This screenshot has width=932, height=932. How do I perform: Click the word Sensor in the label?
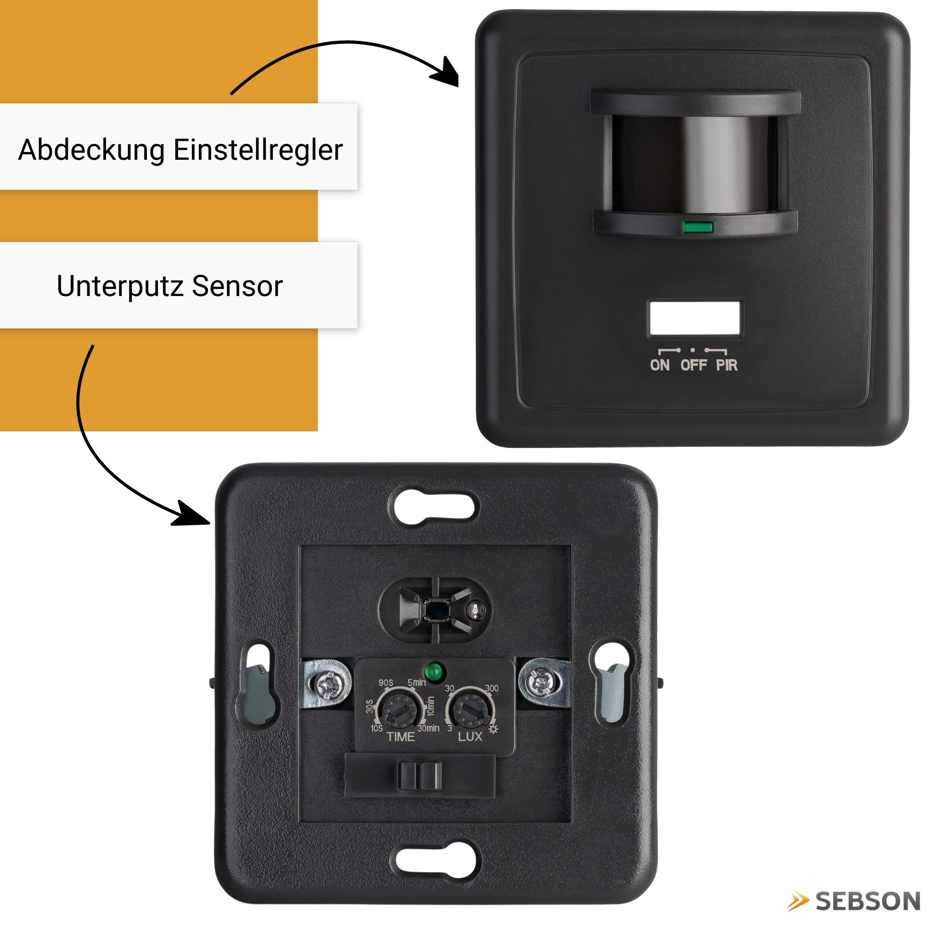click(x=237, y=286)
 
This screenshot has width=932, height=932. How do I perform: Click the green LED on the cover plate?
click(x=698, y=227)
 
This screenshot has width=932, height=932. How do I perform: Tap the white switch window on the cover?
click(x=695, y=318)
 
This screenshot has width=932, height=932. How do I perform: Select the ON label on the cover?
click(x=660, y=365)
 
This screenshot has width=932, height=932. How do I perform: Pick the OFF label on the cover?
click(x=694, y=365)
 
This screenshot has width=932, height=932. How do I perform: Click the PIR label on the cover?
click(x=727, y=365)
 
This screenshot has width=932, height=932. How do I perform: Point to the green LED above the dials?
click(x=434, y=671)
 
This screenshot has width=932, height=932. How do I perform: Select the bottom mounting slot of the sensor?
click(x=438, y=861)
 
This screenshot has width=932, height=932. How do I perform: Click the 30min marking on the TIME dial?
click(x=428, y=728)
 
